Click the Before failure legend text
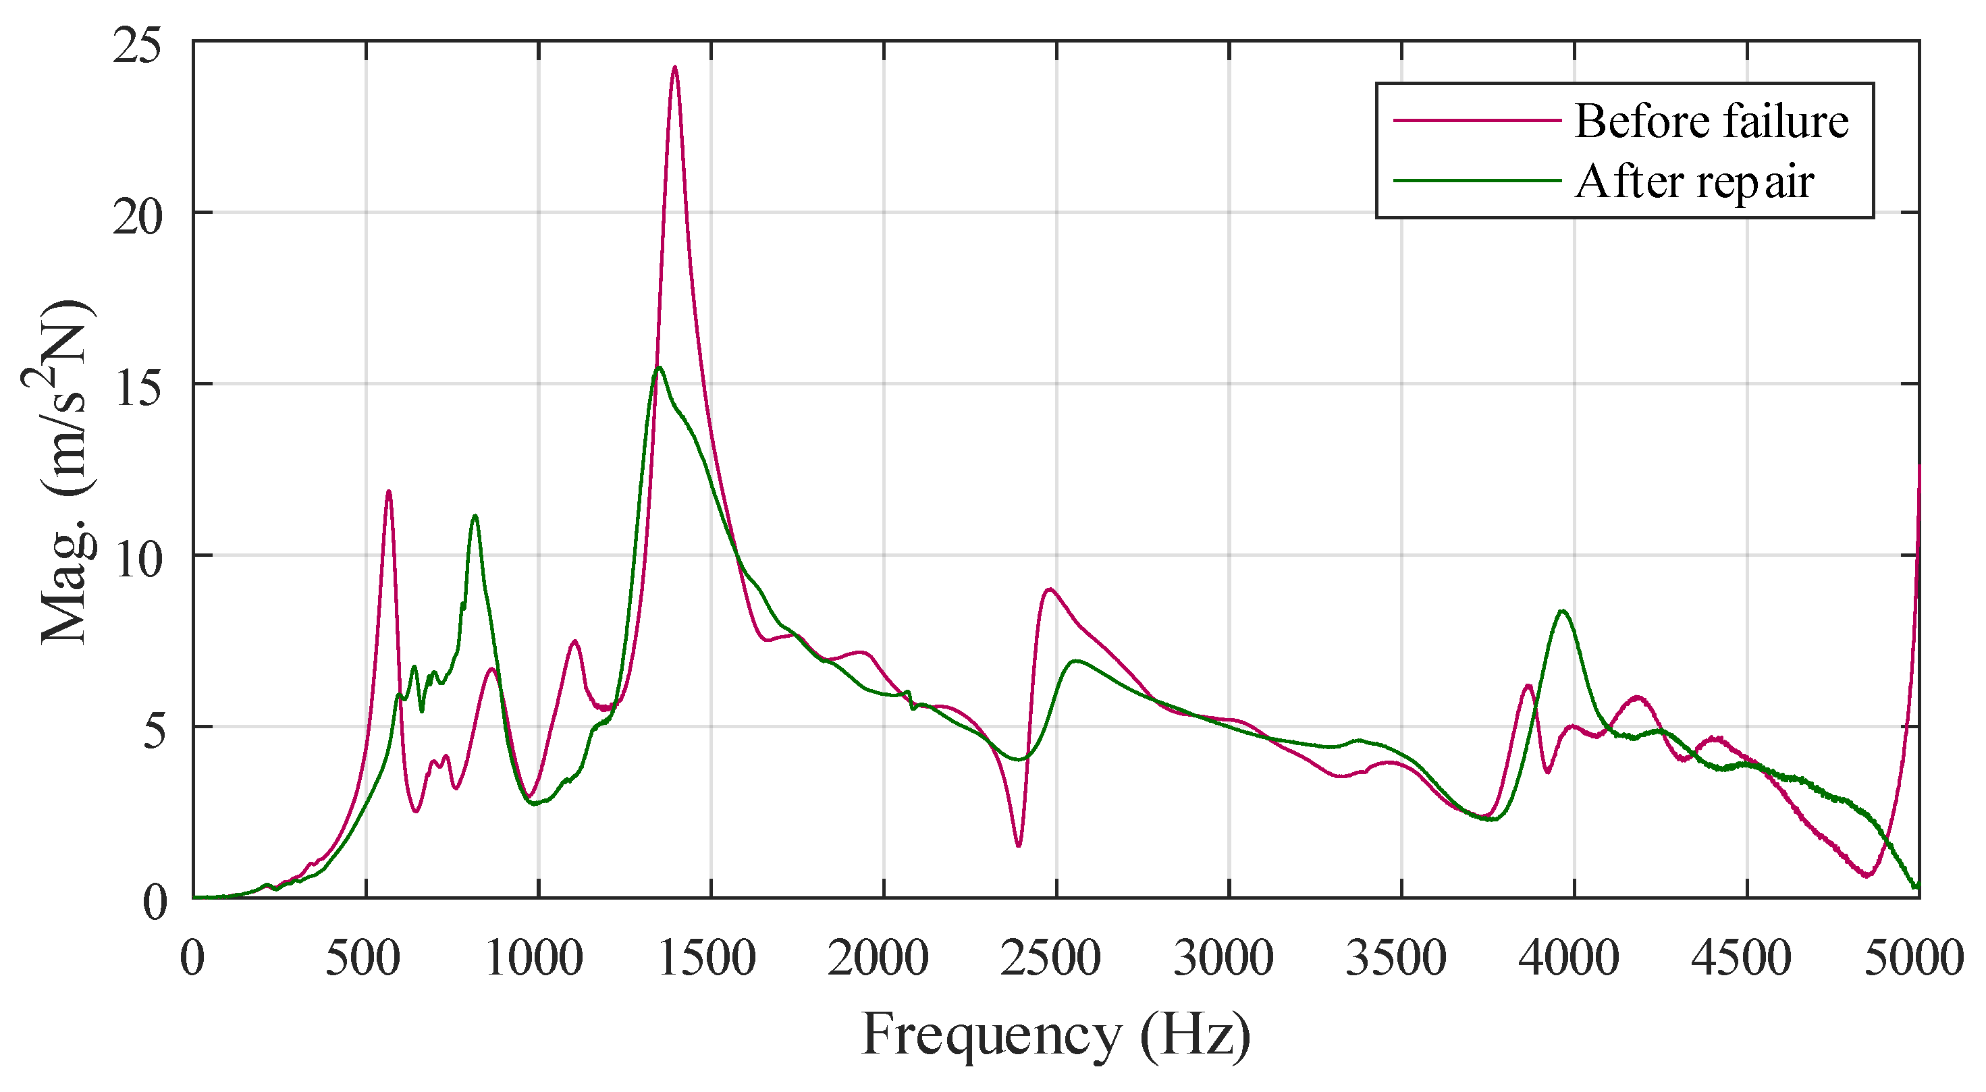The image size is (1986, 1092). [x=1710, y=121]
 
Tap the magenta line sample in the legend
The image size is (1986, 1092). [x=1476, y=120]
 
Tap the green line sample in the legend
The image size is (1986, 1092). [x=1476, y=180]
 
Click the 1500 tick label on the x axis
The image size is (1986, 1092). [x=707, y=958]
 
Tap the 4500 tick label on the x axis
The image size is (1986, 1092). [x=1742, y=958]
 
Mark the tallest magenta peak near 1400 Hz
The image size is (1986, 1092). [x=674, y=67]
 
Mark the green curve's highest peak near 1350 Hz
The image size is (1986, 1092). [x=659, y=368]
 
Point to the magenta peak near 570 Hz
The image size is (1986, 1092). [x=389, y=491]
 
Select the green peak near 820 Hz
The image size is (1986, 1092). [x=475, y=516]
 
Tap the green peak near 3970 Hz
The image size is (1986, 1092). [x=1563, y=611]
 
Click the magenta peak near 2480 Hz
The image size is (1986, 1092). [x=1049, y=590]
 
